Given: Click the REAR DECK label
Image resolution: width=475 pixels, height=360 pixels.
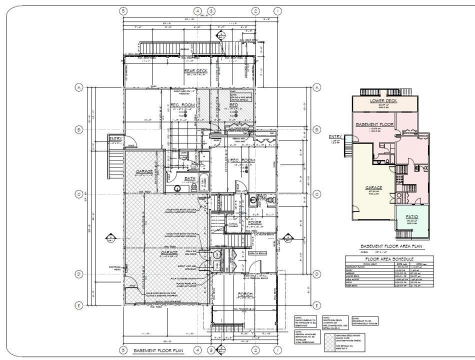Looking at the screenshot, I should [195, 71].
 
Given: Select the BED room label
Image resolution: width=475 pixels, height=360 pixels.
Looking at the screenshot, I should [233, 105].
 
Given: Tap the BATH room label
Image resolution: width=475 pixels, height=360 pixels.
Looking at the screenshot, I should [190, 178].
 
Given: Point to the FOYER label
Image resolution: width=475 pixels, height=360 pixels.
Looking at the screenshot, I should [254, 222].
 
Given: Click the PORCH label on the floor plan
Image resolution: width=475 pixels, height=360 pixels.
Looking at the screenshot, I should [245, 294].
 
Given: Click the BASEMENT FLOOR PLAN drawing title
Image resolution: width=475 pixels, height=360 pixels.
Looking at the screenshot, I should [158, 351].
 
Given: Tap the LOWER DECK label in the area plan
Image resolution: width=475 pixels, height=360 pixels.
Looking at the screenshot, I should [383, 100].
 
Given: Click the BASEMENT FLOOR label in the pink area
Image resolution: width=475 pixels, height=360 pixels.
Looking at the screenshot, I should [375, 124].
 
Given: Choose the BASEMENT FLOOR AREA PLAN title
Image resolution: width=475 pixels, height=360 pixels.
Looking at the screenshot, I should [392, 246].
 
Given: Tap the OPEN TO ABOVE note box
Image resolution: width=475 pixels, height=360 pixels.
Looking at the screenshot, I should [258, 253].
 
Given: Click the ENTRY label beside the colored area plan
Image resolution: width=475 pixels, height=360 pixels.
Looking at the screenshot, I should [335, 136].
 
